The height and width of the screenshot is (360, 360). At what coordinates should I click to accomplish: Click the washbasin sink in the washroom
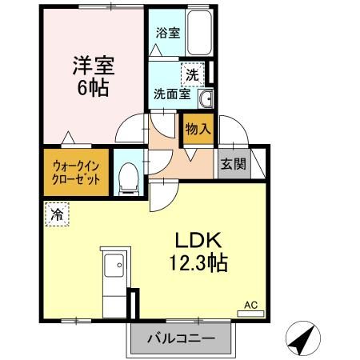tap(204, 98)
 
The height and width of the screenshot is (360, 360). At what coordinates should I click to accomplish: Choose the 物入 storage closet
tap(198, 129)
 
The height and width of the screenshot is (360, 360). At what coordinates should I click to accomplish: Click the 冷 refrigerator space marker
tap(56, 214)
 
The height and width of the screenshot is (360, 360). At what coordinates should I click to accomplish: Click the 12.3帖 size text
tap(198, 262)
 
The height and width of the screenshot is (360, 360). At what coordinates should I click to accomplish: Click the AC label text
tap(250, 305)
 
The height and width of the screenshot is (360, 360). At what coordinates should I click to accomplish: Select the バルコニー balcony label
tap(180, 338)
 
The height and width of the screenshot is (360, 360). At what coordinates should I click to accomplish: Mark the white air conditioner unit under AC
tap(250, 314)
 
